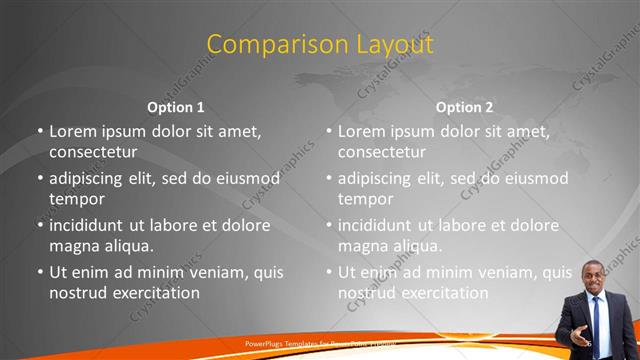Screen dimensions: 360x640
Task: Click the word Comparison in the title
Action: tap(264, 45)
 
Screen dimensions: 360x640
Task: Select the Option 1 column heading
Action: tap(176, 106)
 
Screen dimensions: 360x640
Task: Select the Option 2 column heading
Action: tap(465, 106)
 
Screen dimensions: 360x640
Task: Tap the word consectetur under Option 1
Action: tap(93, 152)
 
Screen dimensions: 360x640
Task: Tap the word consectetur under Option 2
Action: tap(382, 152)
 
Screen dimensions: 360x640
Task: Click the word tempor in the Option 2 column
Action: tap(365, 198)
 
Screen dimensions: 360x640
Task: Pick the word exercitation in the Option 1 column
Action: tap(155, 293)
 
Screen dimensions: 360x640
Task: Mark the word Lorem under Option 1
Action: tap(72, 131)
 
